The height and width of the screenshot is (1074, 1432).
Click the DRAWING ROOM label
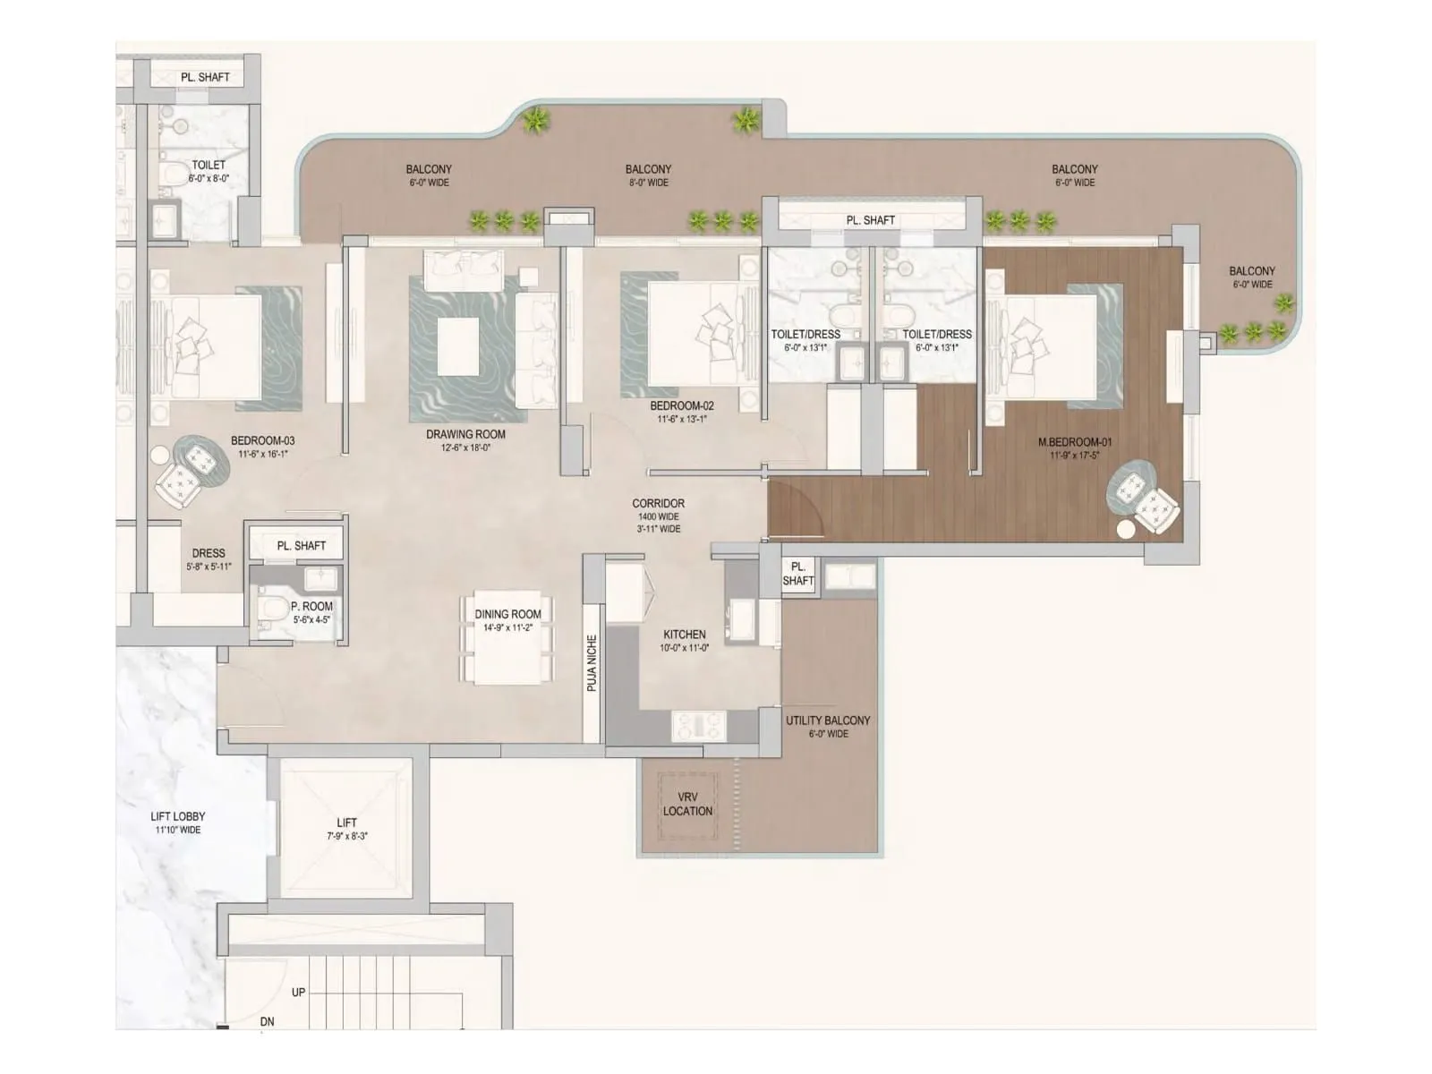click(465, 434)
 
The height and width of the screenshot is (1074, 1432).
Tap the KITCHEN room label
click(684, 635)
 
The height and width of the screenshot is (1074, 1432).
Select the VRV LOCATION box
click(687, 804)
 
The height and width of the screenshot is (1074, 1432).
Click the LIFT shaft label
click(346, 823)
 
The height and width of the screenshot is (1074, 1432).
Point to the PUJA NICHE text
click(592, 663)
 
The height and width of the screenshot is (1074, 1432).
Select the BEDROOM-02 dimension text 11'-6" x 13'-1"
click(682, 419)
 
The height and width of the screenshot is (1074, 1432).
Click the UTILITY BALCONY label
click(827, 720)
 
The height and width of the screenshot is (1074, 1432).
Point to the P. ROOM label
click(311, 606)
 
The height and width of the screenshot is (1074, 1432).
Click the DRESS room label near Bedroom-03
click(208, 553)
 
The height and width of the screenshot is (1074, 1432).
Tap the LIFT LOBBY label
click(177, 816)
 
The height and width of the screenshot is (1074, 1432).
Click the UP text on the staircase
click(298, 993)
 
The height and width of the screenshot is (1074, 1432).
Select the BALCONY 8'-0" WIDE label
click(648, 175)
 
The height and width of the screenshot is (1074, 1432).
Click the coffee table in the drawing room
click(458, 345)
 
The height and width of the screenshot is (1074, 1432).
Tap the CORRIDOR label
click(658, 504)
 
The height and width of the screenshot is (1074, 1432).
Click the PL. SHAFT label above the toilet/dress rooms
click(870, 220)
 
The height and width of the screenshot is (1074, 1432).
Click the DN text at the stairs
click(267, 1021)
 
